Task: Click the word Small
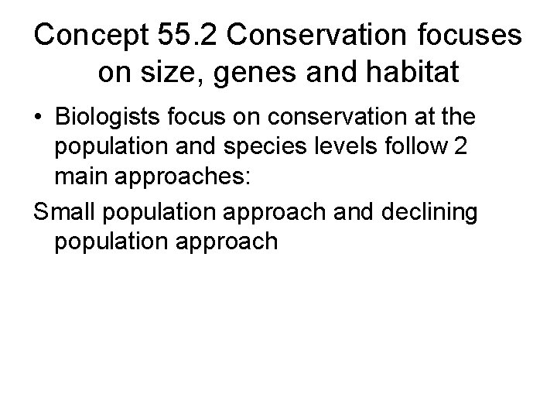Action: (x=63, y=211)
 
